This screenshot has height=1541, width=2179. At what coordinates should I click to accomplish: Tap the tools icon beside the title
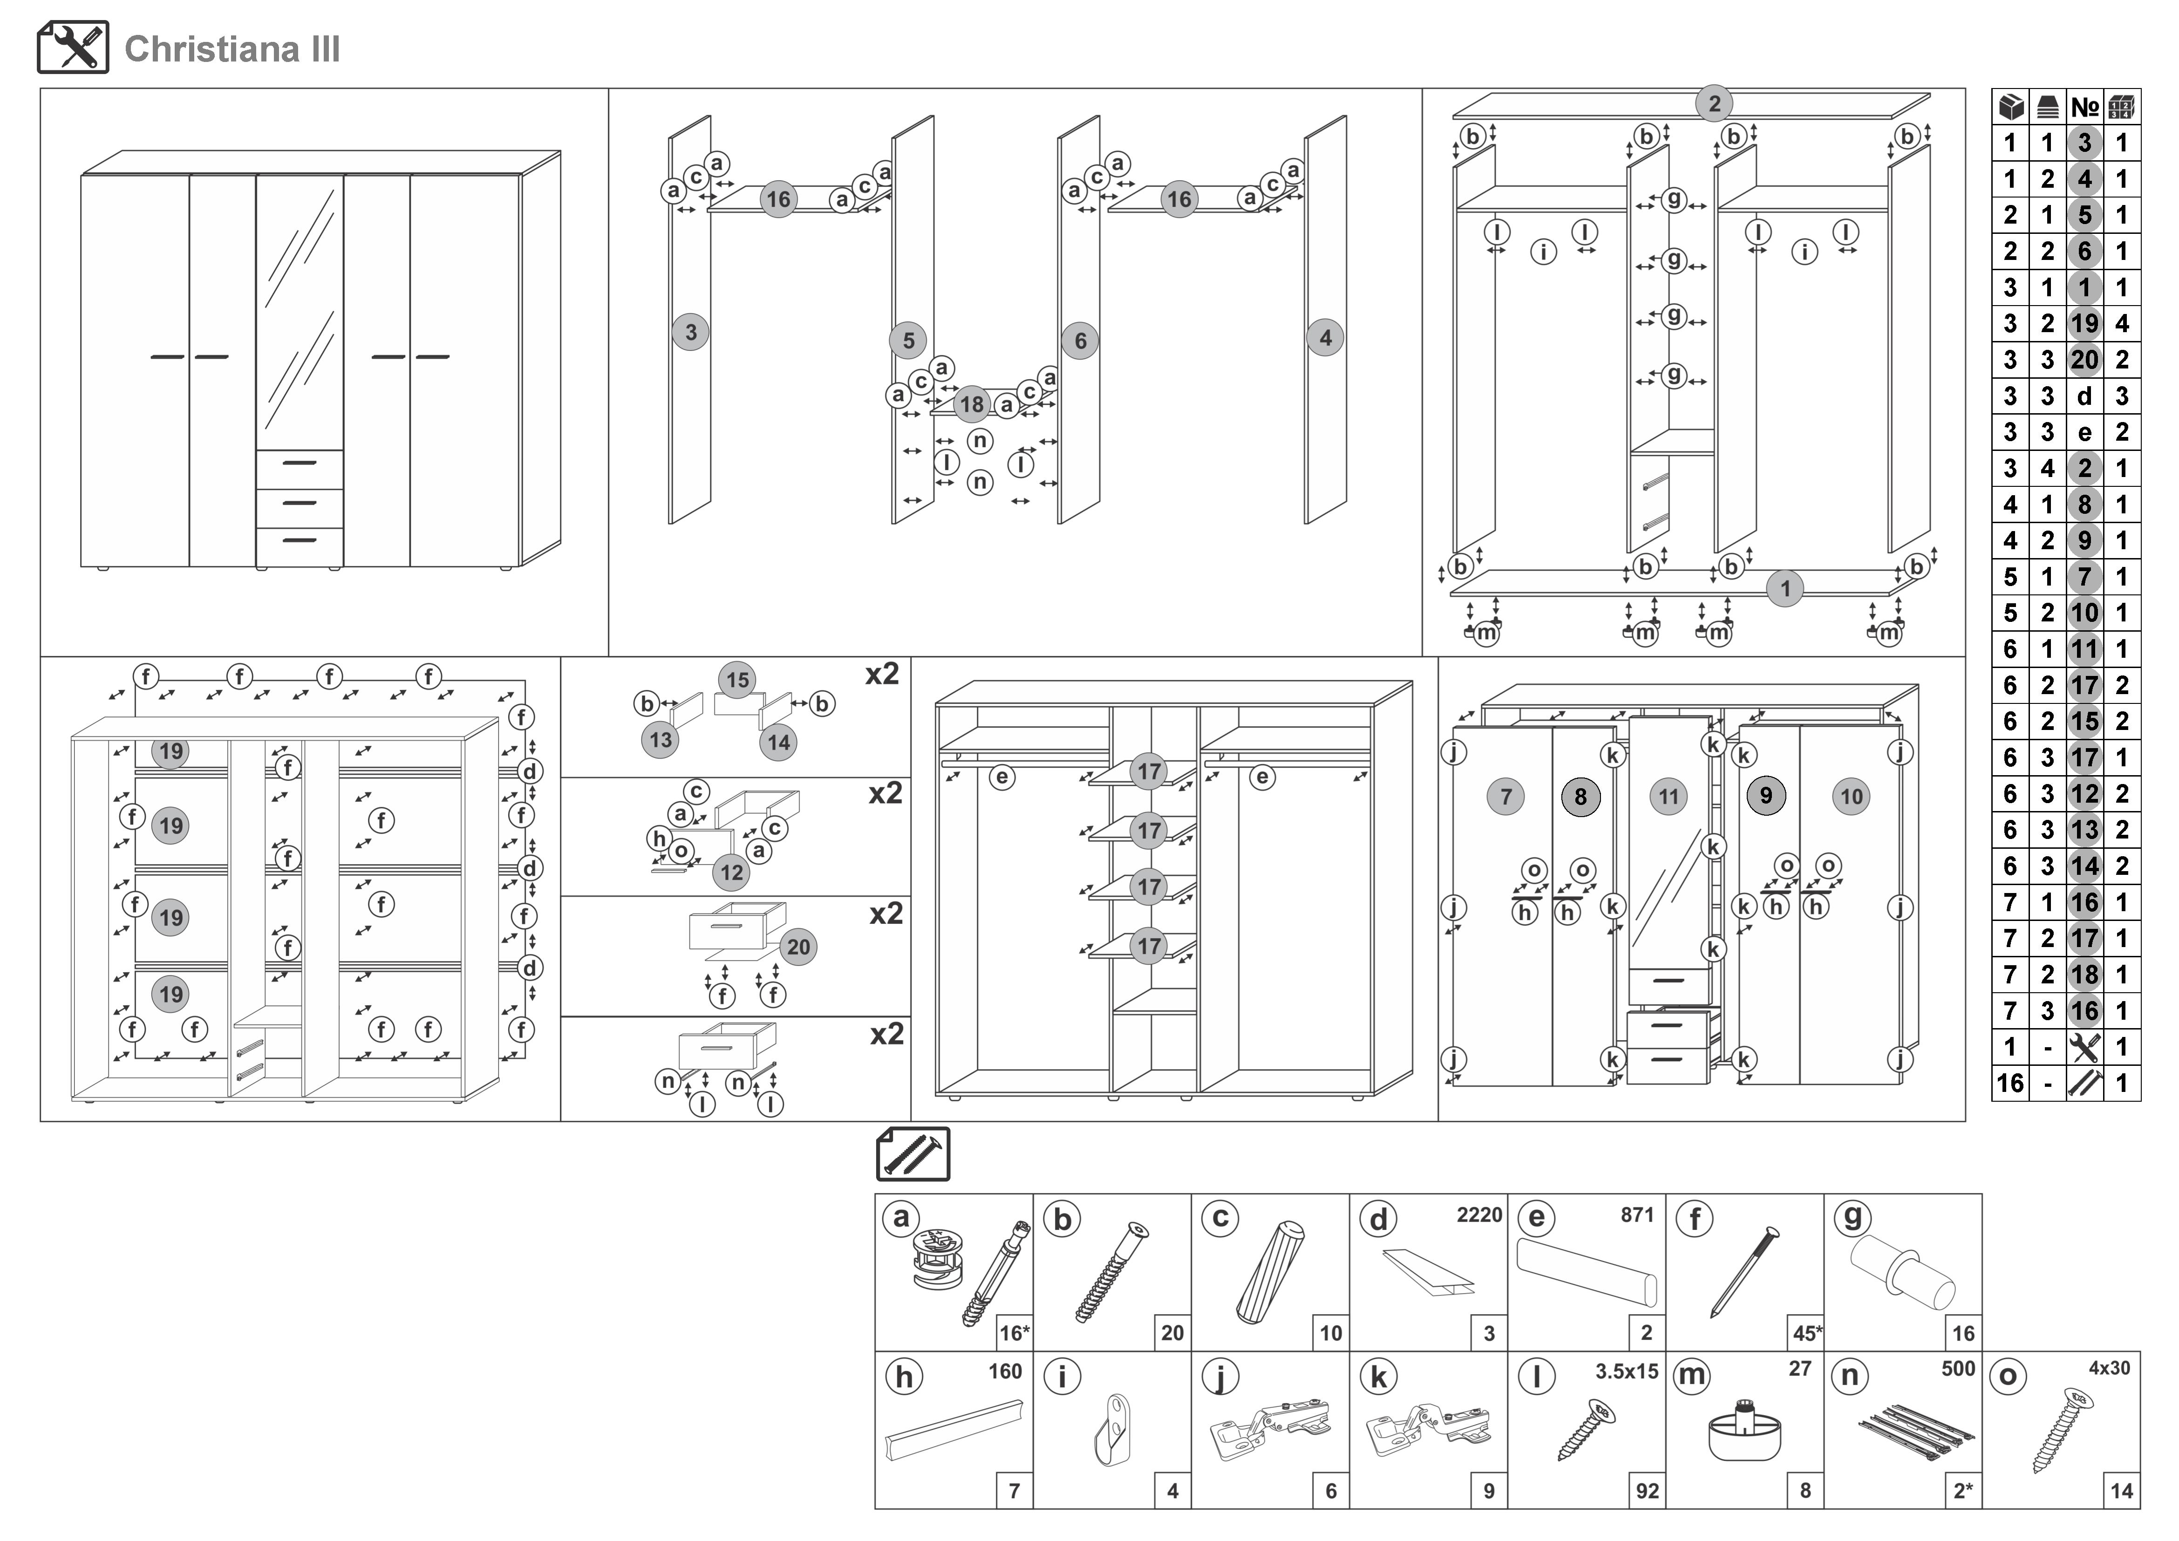(x=73, y=48)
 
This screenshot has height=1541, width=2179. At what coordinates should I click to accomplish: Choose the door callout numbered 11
(x=1668, y=797)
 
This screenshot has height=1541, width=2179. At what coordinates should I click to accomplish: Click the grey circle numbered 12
(x=732, y=873)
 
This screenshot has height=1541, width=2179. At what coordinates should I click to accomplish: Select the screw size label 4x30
(x=2109, y=1368)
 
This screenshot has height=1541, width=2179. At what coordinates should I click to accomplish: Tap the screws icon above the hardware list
(x=913, y=1154)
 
